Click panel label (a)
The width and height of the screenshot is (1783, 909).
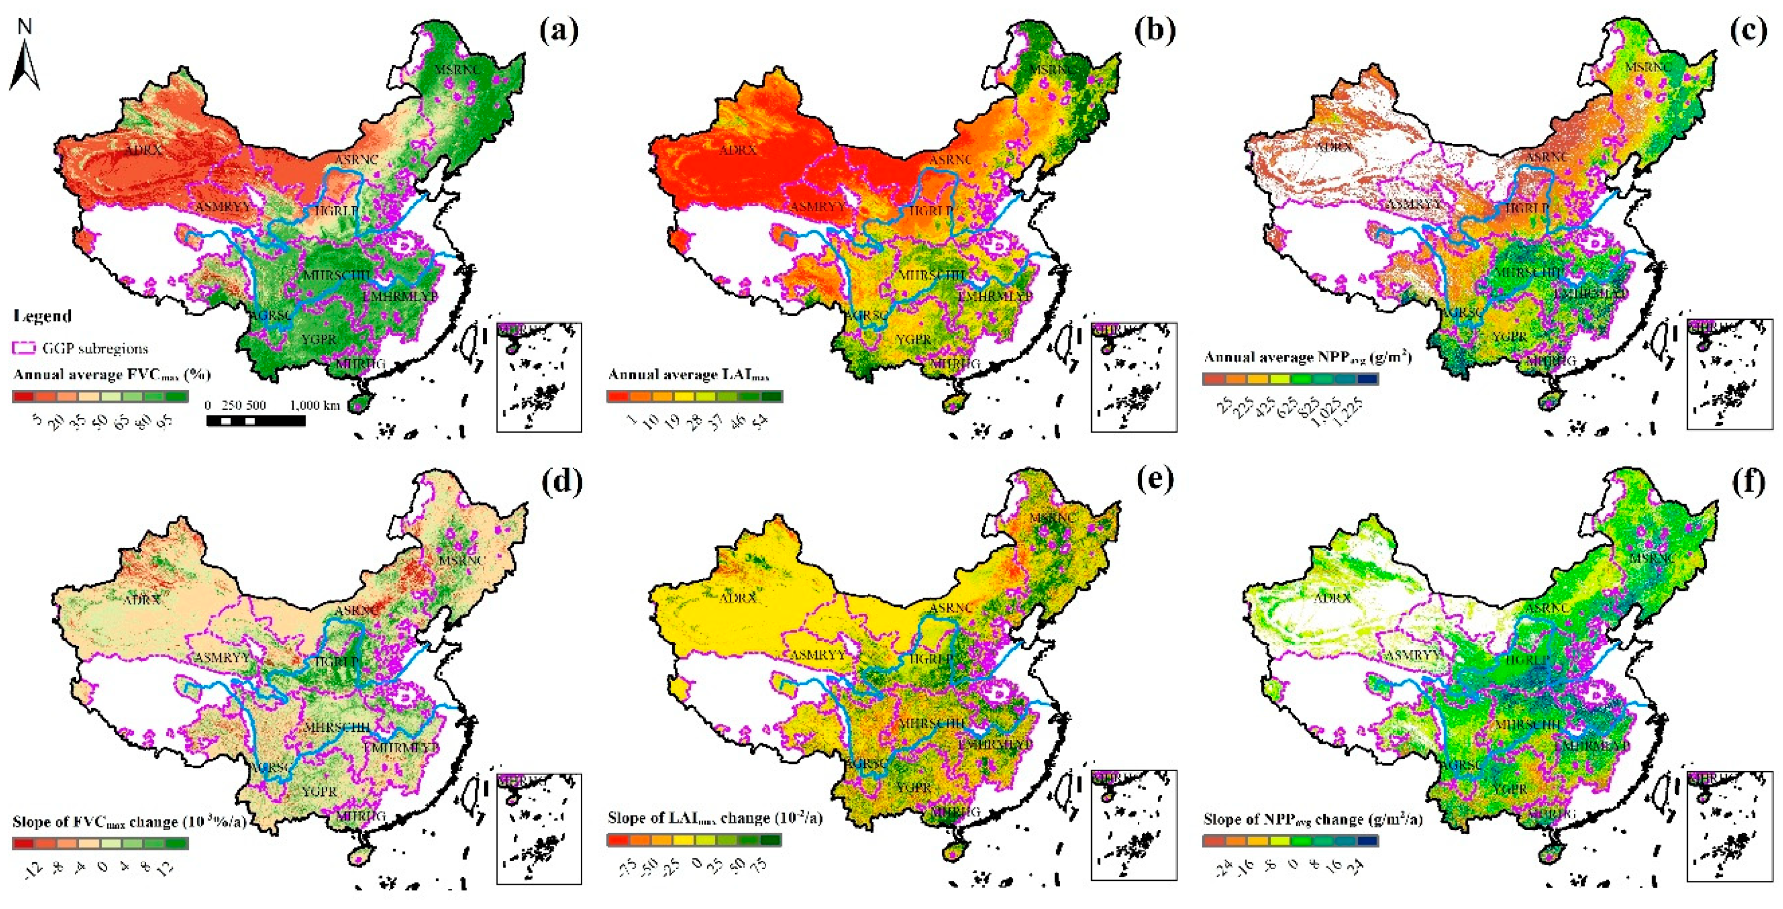[x=559, y=31]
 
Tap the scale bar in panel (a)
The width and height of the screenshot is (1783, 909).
[x=255, y=420]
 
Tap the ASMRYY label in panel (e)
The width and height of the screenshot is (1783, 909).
[x=817, y=654]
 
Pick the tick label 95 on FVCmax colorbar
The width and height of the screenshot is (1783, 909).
[x=164, y=422]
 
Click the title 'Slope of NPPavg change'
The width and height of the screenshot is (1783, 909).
[x=1313, y=820]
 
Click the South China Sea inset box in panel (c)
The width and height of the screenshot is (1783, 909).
[x=1730, y=374]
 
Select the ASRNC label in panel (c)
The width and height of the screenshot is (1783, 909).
[x=1547, y=157]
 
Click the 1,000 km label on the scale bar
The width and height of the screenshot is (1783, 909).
[x=314, y=405]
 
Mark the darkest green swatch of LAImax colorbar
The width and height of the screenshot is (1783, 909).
[x=772, y=397]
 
